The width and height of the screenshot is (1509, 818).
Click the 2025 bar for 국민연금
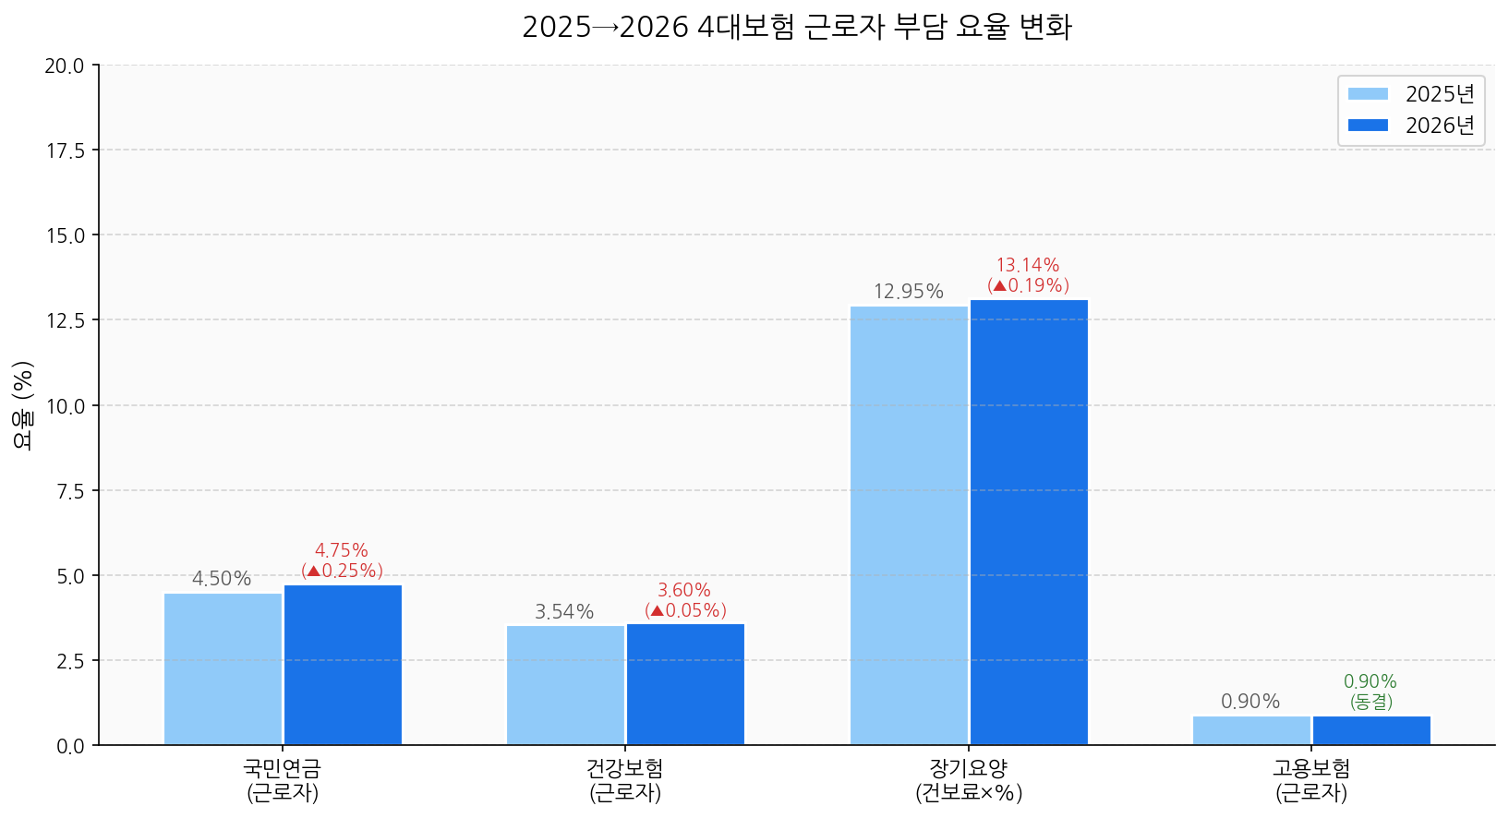[x=223, y=668]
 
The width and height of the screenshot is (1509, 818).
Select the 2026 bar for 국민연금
[x=343, y=665]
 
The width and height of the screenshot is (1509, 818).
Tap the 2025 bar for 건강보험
[x=565, y=685]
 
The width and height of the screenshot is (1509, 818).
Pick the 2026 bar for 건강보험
[x=685, y=684]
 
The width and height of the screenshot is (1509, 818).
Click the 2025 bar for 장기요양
[x=909, y=525]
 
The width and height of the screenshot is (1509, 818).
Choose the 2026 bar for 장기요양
[x=1029, y=522]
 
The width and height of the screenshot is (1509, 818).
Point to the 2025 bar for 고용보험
[x=1251, y=730]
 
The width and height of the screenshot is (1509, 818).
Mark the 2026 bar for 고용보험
[x=1371, y=730]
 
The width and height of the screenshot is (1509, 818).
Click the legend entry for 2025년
[x=1410, y=94]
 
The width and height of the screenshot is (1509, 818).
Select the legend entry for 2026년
[x=1410, y=126]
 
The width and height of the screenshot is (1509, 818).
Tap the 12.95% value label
[x=909, y=292]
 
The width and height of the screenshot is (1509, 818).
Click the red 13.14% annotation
[x=1028, y=266]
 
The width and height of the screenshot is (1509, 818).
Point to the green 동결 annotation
[x=1371, y=702]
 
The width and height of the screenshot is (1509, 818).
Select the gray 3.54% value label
[x=564, y=611]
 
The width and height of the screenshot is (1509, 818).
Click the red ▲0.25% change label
[x=342, y=571]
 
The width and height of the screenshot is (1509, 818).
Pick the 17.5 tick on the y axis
[x=66, y=150]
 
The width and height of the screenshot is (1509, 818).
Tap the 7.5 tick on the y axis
[x=71, y=491]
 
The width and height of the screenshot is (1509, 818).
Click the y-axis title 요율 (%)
[x=23, y=405]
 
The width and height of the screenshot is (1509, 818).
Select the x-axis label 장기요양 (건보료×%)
[x=969, y=780]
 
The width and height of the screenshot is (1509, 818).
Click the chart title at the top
[x=796, y=27]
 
